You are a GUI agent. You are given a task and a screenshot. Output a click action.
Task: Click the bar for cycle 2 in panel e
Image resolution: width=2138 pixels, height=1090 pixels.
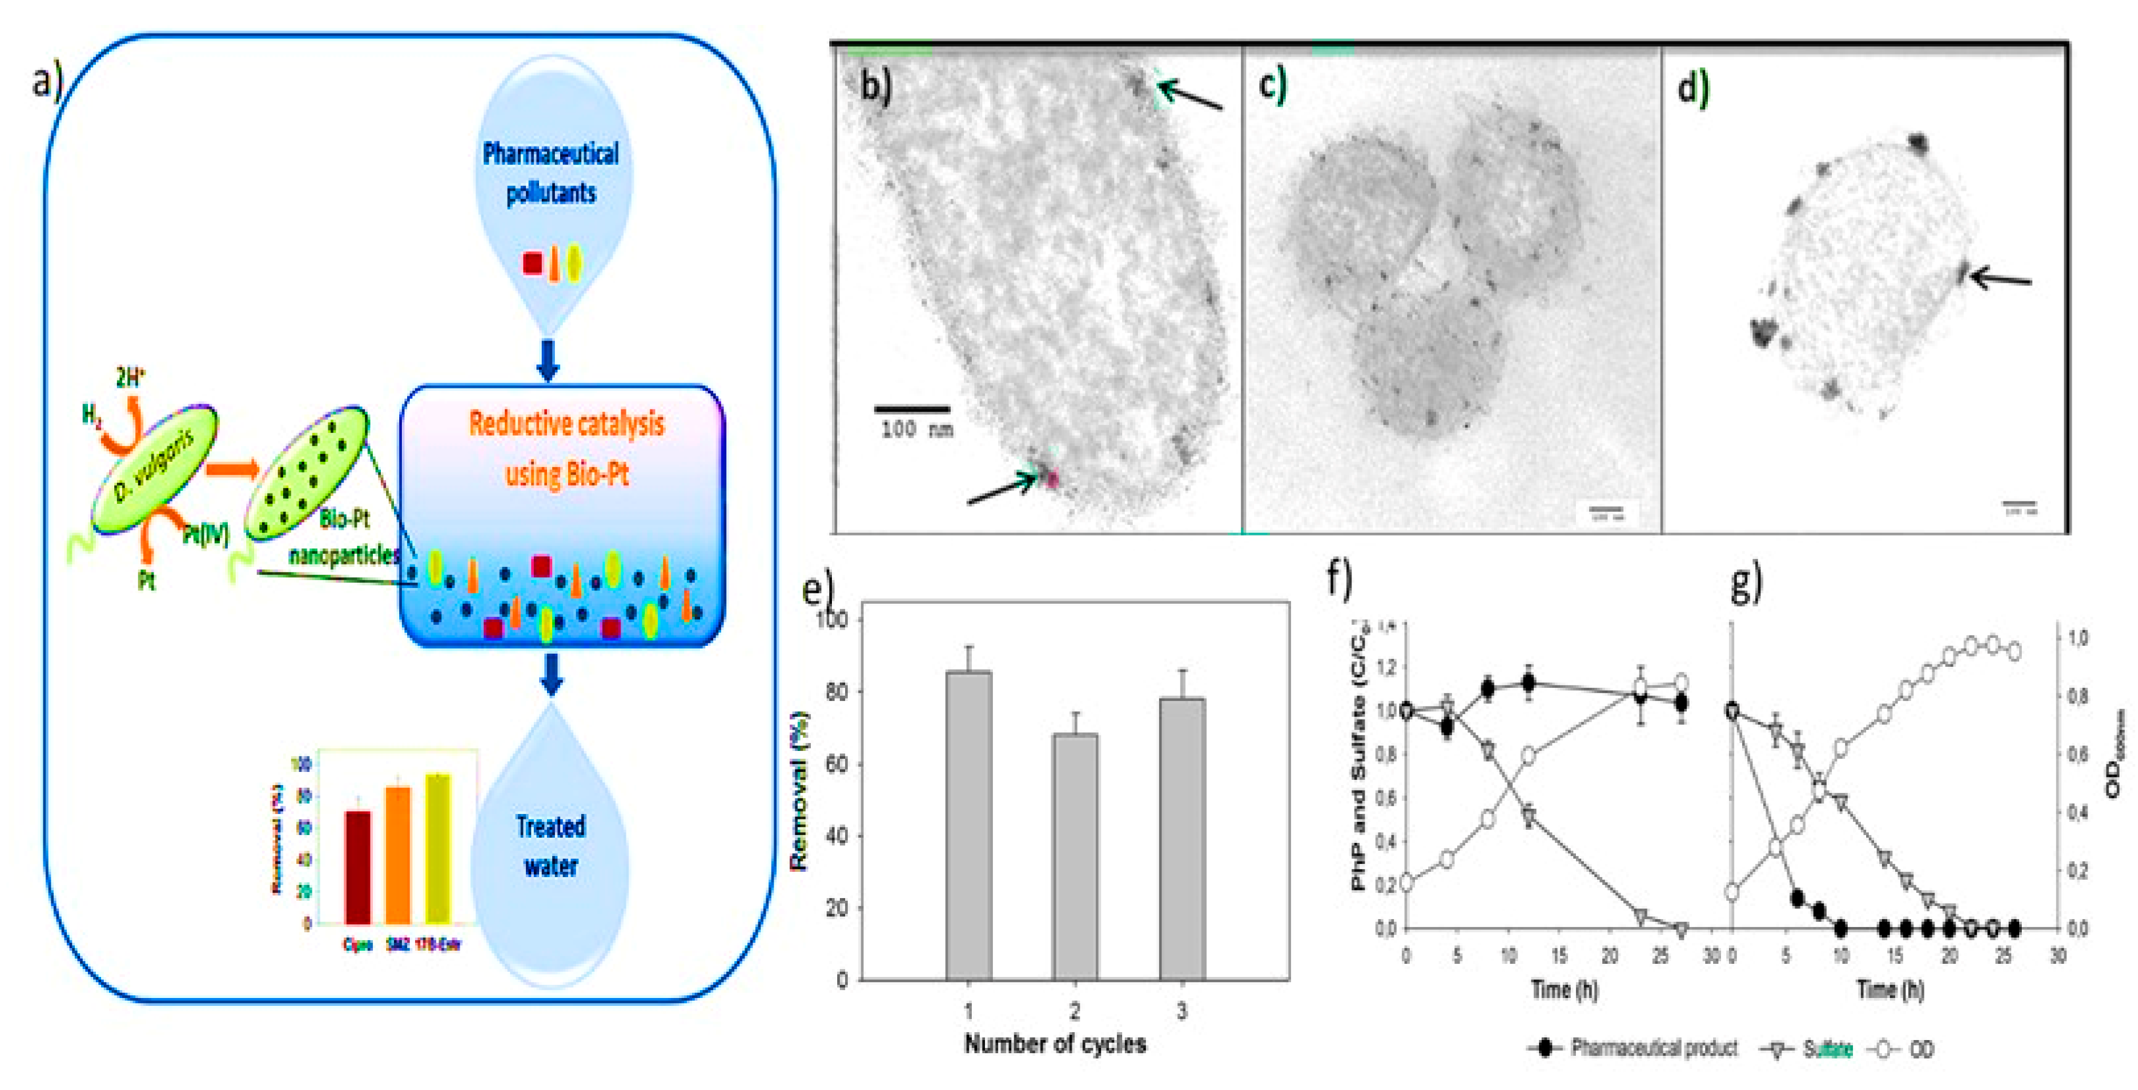point(1075,855)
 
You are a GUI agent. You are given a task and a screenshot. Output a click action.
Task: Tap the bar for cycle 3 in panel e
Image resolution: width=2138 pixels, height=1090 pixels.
point(1181,838)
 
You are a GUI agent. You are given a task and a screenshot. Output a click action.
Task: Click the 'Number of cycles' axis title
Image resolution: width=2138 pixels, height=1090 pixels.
point(1055,1043)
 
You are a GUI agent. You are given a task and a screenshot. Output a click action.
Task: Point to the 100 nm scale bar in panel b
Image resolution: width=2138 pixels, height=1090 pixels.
point(912,409)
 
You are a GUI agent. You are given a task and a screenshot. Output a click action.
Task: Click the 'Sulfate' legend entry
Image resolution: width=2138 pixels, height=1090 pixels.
point(1827,1049)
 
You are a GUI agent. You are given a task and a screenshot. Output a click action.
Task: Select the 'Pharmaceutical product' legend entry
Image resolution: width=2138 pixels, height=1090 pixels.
point(1651,1049)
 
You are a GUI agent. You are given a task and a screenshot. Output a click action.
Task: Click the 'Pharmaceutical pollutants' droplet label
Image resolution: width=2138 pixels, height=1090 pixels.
point(551,173)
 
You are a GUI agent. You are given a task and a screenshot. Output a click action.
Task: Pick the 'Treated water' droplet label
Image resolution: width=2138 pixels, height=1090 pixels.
point(550,845)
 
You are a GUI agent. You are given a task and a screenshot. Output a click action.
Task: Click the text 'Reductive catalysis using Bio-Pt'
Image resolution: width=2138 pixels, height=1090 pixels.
point(567,448)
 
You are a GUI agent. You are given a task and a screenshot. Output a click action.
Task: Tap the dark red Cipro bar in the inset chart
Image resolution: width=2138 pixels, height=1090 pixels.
point(358,867)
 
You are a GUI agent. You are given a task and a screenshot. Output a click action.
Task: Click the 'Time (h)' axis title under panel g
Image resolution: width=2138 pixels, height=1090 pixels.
point(1889,989)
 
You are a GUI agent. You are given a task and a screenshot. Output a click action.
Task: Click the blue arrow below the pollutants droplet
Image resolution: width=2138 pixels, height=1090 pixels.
point(548,359)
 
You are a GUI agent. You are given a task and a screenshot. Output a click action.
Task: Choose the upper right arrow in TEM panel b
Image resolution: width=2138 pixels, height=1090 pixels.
point(1192,95)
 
